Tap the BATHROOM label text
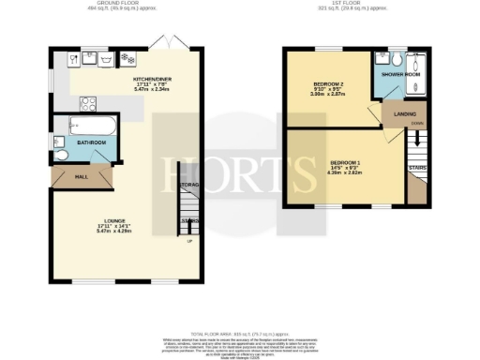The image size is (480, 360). click(92, 142)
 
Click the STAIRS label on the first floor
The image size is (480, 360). click(418, 167)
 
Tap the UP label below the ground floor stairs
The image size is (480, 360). click(189, 241)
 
